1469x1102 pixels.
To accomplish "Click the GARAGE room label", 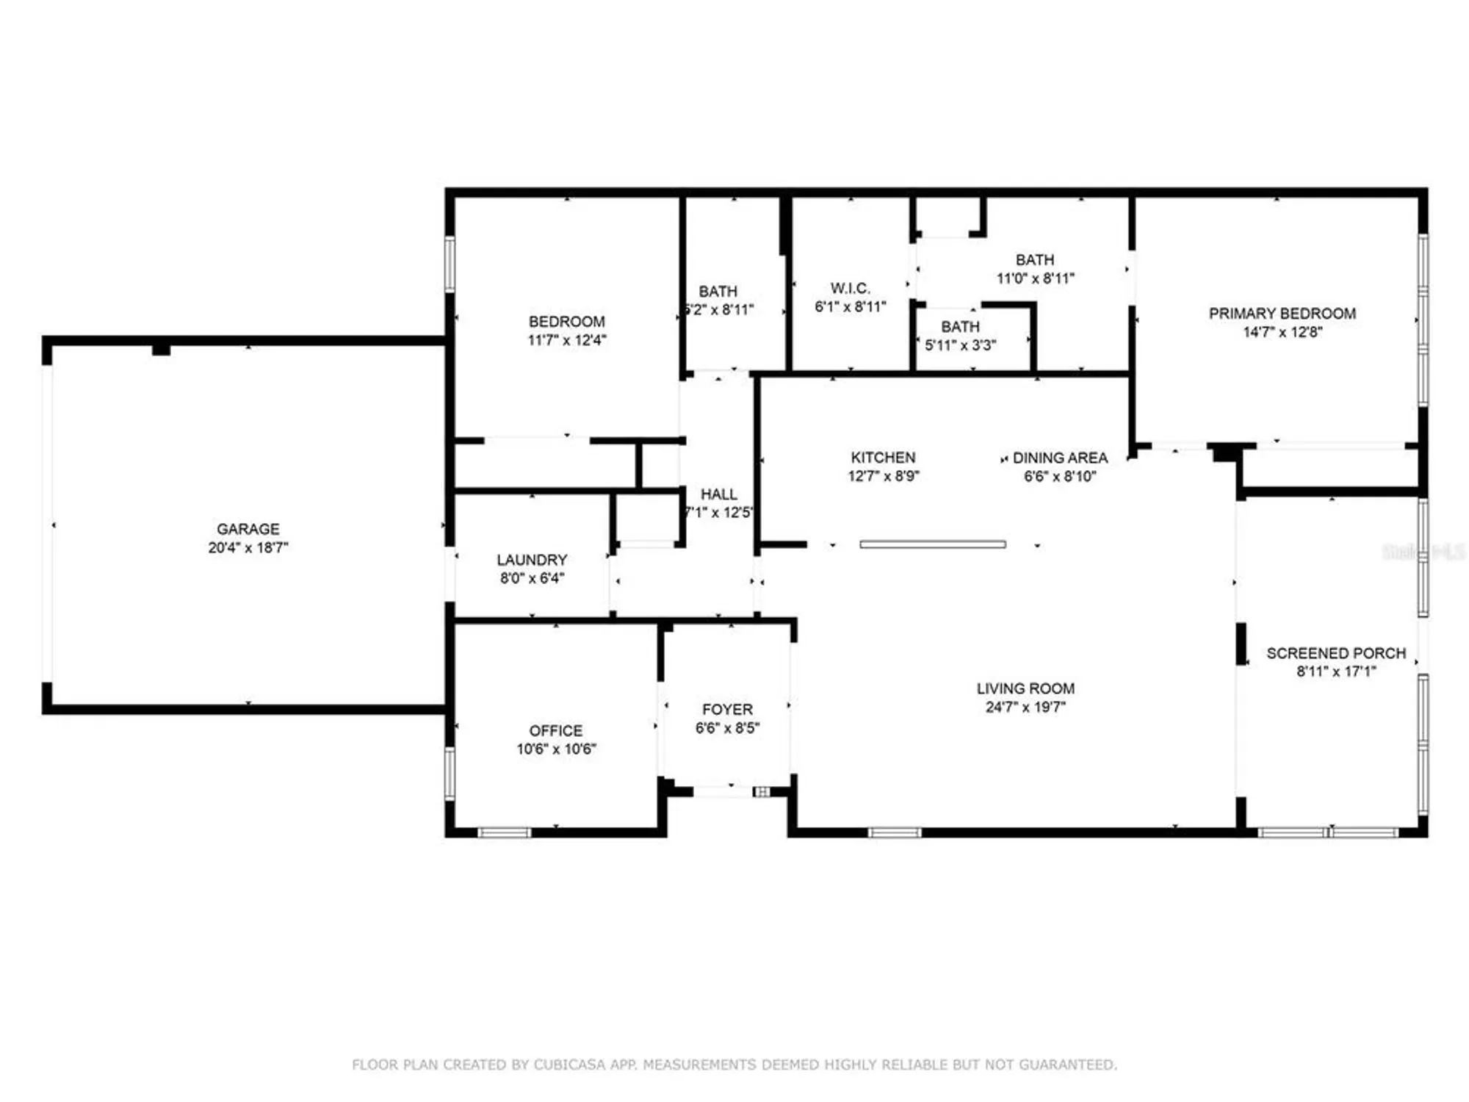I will coord(248,529).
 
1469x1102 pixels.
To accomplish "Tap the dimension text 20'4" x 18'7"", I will coord(248,547).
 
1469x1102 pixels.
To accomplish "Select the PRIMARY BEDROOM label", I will coord(1282,314).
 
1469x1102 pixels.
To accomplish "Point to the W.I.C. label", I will coord(850,288).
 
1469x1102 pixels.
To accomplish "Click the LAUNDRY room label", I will coord(532,560).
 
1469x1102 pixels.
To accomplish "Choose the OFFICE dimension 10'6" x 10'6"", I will coord(556,749).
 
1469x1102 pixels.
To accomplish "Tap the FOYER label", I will coord(727,710).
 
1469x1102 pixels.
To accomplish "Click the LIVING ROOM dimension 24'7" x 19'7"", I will coord(1025,707).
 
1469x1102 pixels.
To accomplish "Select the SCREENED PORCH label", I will coord(1335,653).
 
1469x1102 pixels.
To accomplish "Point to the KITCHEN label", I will coord(883,458).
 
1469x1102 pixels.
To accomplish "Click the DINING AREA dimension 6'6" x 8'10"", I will coord(1060,477).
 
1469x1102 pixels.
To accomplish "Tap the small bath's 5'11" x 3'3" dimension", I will coord(960,345).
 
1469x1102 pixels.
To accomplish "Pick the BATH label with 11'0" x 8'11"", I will coord(1034,260).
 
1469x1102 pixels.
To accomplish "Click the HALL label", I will coord(718,494).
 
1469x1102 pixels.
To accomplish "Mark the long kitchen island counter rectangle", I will coord(932,544).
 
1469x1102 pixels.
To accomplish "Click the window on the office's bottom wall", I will coord(504,832).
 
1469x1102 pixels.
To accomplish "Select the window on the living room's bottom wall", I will coord(894,832).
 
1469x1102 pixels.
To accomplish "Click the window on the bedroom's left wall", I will coord(450,264).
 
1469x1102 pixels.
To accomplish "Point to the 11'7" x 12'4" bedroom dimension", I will coord(566,340).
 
